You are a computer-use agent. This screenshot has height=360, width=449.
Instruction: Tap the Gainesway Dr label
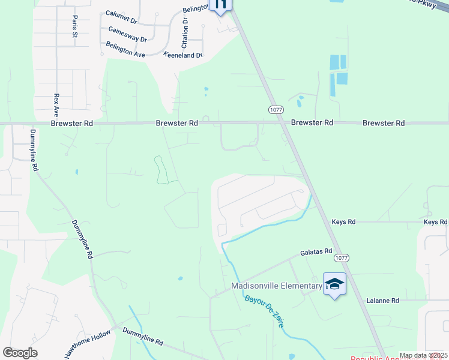[127, 34]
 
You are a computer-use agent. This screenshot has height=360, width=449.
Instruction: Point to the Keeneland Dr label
[183, 55]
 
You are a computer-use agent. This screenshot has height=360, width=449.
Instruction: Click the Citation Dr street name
[185, 33]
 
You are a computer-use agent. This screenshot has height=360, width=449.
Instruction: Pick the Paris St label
[75, 26]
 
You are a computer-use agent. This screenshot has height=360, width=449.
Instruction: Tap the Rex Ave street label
[56, 104]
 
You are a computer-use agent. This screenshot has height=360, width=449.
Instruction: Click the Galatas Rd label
[316, 252]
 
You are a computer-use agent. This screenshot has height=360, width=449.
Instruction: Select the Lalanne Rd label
[383, 300]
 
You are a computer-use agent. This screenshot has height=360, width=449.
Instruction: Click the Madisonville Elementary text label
[277, 286]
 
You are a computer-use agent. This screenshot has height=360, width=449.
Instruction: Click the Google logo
[20, 353]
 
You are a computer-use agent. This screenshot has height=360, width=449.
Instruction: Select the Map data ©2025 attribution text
[423, 355]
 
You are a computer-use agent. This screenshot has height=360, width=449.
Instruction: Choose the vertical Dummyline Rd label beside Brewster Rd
[34, 150]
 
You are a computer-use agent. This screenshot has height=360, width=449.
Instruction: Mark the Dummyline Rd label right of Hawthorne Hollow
[143, 335]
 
